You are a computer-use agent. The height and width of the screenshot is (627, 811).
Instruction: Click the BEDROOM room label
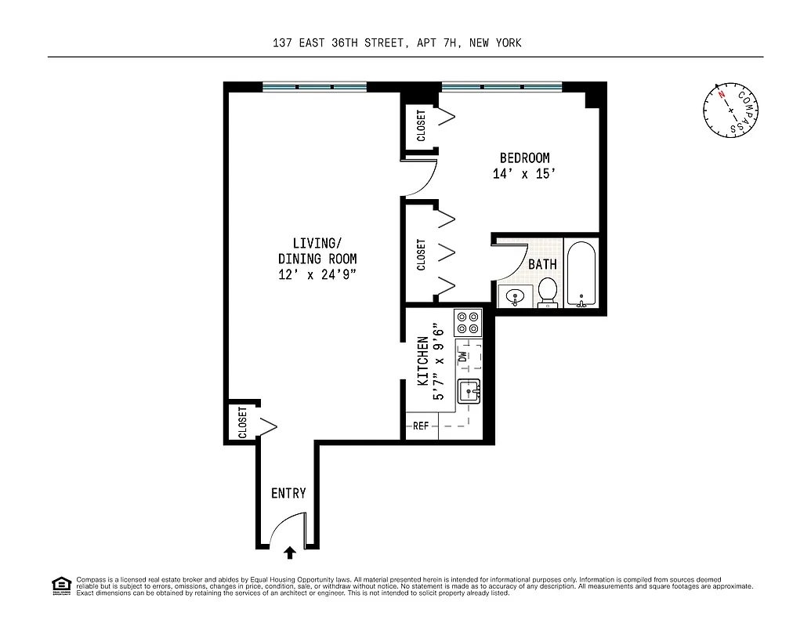click(x=524, y=158)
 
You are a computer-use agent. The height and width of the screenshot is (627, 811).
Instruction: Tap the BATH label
click(x=542, y=264)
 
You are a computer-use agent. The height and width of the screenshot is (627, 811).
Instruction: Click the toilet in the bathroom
click(x=548, y=291)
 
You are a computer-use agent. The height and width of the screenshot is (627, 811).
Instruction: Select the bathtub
click(x=581, y=275)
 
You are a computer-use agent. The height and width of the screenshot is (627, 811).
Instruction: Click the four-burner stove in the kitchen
click(x=468, y=322)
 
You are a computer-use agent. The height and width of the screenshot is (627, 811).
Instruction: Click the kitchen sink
click(x=469, y=390)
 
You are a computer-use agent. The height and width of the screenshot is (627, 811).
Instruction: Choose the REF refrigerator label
click(x=421, y=426)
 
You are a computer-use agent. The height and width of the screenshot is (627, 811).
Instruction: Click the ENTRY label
click(x=288, y=493)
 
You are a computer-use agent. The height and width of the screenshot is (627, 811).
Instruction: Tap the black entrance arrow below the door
click(x=290, y=553)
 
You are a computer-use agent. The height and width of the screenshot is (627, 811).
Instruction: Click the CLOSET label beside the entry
click(x=242, y=422)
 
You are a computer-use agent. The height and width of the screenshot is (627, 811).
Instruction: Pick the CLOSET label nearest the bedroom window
click(x=421, y=125)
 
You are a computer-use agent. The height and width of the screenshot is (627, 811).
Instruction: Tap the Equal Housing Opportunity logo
click(x=60, y=585)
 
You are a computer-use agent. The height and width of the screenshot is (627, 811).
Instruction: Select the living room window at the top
click(x=314, y=86)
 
